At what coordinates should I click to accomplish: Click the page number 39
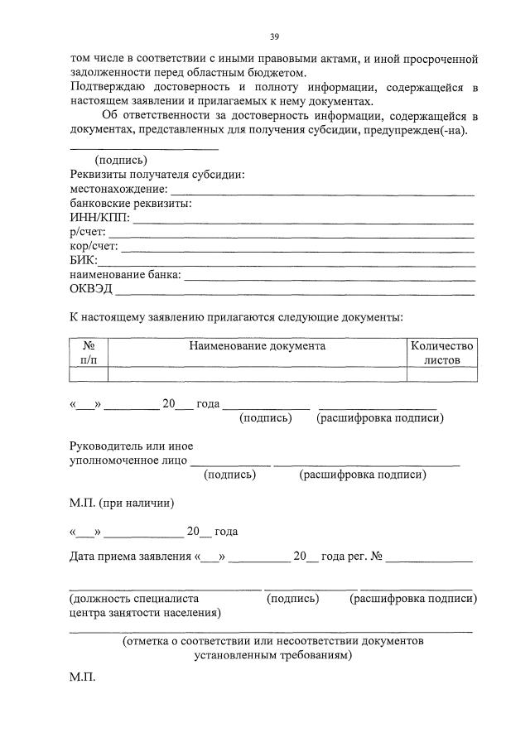click(x=274, y=37)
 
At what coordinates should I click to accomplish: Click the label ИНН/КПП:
click(x=99, y=218)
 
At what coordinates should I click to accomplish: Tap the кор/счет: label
click(x=94, y=246)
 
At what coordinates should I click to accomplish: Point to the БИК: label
click(x=84, y=260)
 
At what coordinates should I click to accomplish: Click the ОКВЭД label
click(x=91, y=288)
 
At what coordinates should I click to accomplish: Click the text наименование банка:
click(x=125, y=274)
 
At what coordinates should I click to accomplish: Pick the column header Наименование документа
click(x=257, y=346)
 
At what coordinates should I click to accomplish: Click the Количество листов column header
click(x=441, y=353)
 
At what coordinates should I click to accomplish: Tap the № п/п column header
click(x=89, y=353)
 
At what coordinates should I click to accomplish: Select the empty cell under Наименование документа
click(x=257, y=374)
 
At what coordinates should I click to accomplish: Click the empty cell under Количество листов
click(x=441, y=374)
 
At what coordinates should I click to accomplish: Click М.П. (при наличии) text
click(x=122, y=503)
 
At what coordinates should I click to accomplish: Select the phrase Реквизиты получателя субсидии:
click(x=157, y=175)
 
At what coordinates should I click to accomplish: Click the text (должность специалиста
click(x=133, y=598)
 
